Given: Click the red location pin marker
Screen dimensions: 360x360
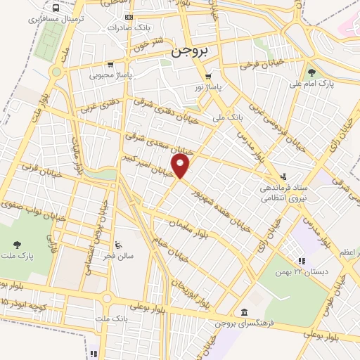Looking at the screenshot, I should click(181, 166).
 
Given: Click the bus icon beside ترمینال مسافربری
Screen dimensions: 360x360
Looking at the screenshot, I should click(55, 8).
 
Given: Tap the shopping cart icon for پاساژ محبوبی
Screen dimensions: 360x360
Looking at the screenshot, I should click(110, 64).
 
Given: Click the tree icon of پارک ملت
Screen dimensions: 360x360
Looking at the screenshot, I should click(16, 245).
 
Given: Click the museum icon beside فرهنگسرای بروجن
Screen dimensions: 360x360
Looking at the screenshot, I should click(243, 311).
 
